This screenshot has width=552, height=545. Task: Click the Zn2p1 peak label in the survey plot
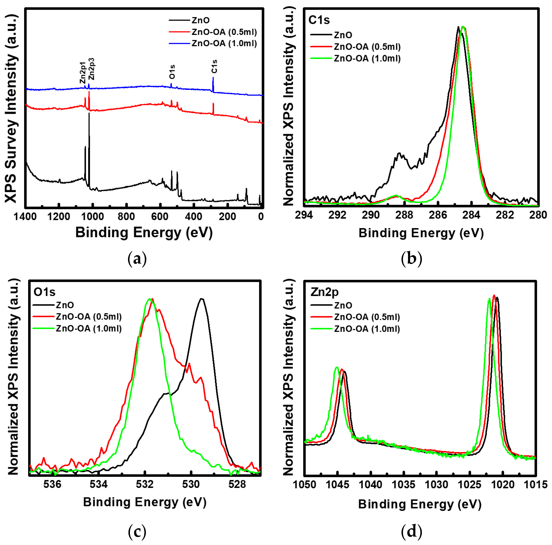pyautogui.click(x=82, y=73)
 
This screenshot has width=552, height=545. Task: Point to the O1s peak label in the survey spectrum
pyautogui.click(x=172, y=72)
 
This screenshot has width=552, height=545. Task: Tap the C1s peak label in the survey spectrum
pyautogui.click(x=214, y=66)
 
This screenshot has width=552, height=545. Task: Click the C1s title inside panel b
pyautogui.click(x=319, y=20)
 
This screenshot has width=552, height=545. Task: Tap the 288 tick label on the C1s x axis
pyautogui.click(x=404, y=215)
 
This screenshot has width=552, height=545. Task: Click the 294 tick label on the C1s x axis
pyautogui.click(x=304, y=215)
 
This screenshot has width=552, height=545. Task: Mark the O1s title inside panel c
pyautogui.click(x=44, y=292)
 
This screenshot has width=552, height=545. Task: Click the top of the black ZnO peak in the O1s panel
pyautogui.click(x=202, y=299)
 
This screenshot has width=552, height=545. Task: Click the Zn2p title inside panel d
pyautogui.click(x=324, y=292)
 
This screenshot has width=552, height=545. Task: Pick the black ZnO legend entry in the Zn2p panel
pyautogui.click(x=343, y=305)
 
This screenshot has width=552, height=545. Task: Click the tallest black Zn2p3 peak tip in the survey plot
pyautogui.click(x=89, y=113)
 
